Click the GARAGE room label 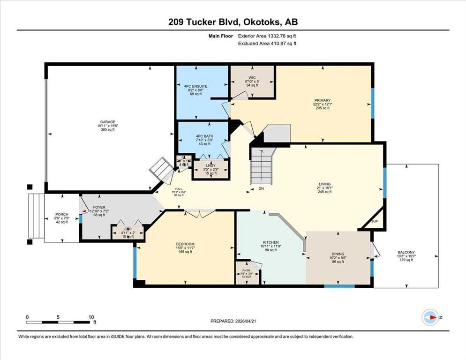coord(106,122)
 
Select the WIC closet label coord(251,77)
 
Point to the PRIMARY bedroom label coord(323,100)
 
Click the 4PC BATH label coord(205,136)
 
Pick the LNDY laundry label coord(210,165)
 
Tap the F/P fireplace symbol coord(375,220)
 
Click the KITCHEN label coord(271,242)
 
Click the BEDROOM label coord(185,244)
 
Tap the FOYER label coord(98,206)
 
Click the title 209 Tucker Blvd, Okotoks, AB coord(233,22)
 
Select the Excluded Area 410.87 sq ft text coord(267,43)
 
